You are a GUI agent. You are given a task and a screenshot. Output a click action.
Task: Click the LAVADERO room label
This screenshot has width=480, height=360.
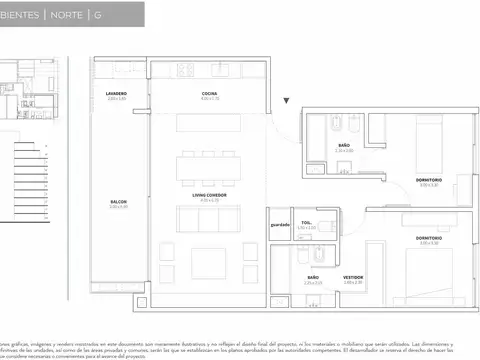point(116,93)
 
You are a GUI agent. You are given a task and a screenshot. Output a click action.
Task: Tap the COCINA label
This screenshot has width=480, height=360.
point(209,93)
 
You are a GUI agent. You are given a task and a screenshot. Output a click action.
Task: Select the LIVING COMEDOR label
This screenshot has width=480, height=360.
point(209,195)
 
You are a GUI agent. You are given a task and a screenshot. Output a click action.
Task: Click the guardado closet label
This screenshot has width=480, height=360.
point(279,224)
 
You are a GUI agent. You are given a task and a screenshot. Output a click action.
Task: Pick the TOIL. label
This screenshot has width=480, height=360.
point(307,223)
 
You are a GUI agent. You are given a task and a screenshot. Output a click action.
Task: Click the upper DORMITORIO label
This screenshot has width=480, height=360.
point(430,179)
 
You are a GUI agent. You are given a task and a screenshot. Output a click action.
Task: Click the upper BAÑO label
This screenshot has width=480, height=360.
point(343,146)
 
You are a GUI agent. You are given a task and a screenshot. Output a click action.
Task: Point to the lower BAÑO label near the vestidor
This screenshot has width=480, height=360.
point(313,277)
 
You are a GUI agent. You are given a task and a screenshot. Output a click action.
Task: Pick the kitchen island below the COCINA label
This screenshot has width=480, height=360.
point(208,121)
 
